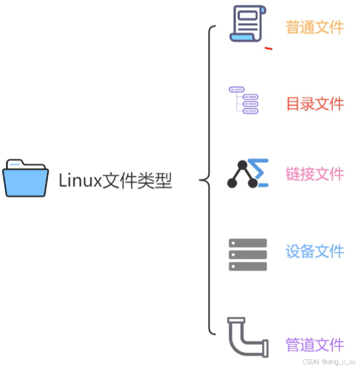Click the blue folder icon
[25, 178]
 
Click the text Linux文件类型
[115, 180]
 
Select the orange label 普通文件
[314, 27]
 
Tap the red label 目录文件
[315, 104]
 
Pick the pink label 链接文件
[315, 174]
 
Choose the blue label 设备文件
[315, 251]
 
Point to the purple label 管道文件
[315, 344]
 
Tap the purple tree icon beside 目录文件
[244, 100]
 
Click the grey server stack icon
[248, 254]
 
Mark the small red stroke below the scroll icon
[268, 49]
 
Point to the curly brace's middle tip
[201, 180]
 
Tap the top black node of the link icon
[242, 165]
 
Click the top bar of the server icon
[248, 243]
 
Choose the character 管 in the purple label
[293, 344]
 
